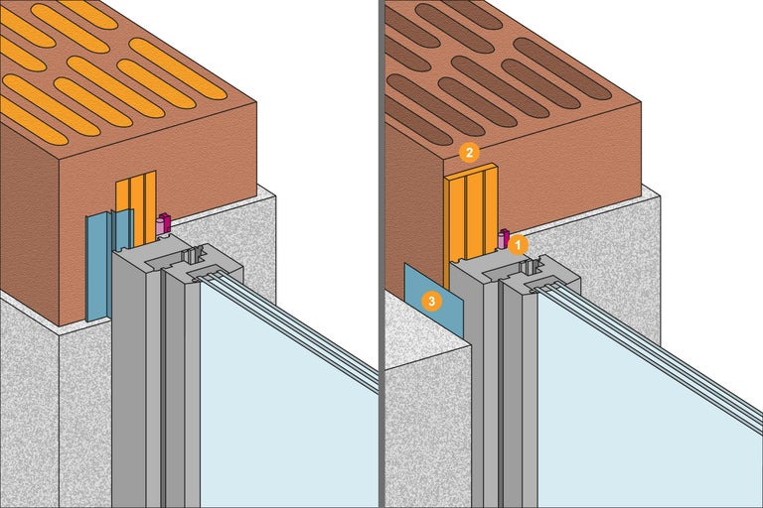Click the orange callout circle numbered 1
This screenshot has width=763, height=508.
(519, 242)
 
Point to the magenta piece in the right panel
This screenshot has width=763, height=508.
(502, 238)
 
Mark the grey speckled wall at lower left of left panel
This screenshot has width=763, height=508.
(30, 417)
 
